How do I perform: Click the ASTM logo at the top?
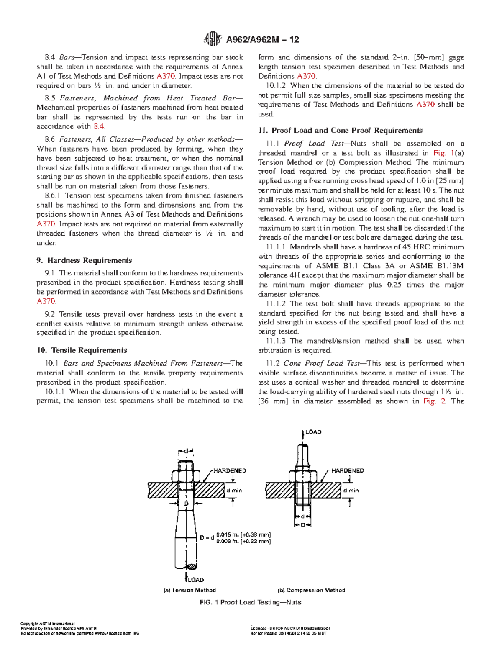coord(212,39)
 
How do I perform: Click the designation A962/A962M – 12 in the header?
coord(262,40)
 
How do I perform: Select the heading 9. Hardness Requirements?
coord(84,260)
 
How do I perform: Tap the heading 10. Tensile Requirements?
coord(82,350)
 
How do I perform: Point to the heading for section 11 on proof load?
coord(340,131)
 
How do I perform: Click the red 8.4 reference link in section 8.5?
coord(99,126)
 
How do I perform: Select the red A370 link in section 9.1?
coord(46,301)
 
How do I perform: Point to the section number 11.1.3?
coord(276,341)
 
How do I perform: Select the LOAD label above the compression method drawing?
coord(313,432)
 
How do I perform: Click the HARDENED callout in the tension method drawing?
coord(230,470)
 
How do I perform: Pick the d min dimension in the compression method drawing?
coord(351,490)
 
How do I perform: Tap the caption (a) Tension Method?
coord(190,590)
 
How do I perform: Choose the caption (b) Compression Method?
coord(311,590)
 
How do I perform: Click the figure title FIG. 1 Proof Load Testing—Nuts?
coord(250,602)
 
